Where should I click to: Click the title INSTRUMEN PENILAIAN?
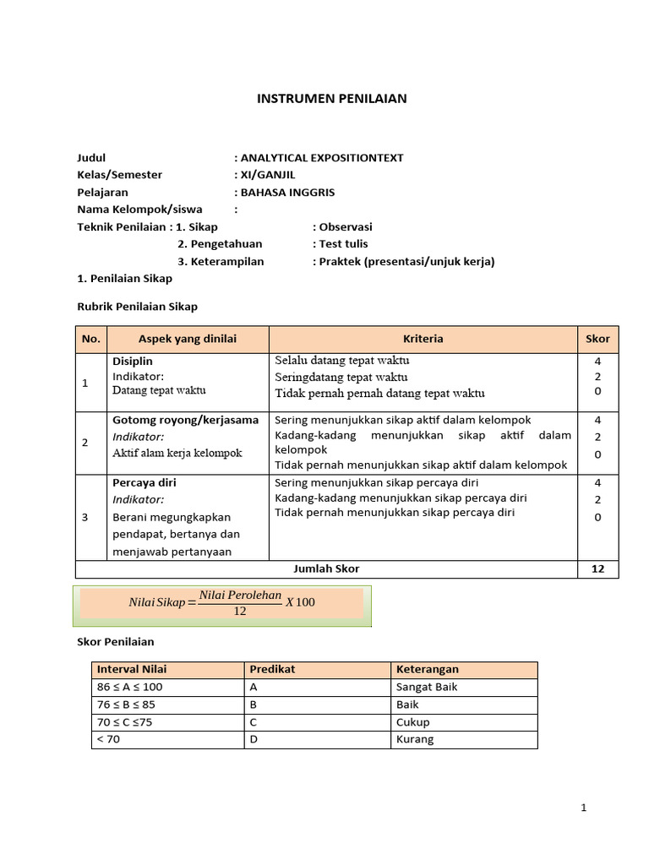click(331, 99)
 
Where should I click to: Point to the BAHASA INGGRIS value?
click(287, 192)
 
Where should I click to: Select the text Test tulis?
click(343, 244)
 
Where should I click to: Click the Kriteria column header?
click(423, 339)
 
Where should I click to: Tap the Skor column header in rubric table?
click(597, 339)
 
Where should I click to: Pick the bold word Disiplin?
click(133, 361)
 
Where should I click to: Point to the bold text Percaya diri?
click(145, 483)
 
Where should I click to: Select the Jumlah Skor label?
click(325, 569)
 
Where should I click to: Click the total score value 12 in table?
click(597, 569)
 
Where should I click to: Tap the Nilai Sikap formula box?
click(221, 603)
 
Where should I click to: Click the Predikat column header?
click(272, 669)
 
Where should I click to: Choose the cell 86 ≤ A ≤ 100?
click(130, 687)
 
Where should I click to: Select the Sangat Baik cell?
click(427, 687)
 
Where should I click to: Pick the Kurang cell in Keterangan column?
click(415, 739)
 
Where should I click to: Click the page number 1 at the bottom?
click(583, 808)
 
